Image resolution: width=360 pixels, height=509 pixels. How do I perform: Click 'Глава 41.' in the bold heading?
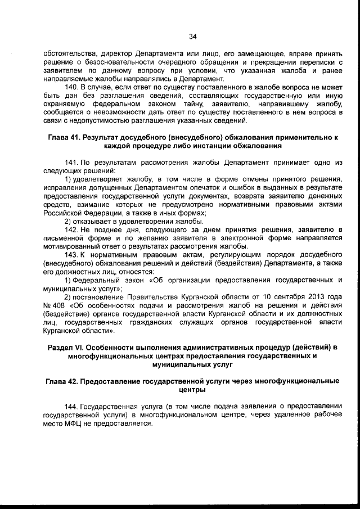pyautogui.click(x=62, y=137)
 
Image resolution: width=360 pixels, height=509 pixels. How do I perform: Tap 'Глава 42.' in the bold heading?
pyautogui.click(x=64, y=381)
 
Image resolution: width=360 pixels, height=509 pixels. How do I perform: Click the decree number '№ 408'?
pyautogui.click(x=52, y=305)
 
